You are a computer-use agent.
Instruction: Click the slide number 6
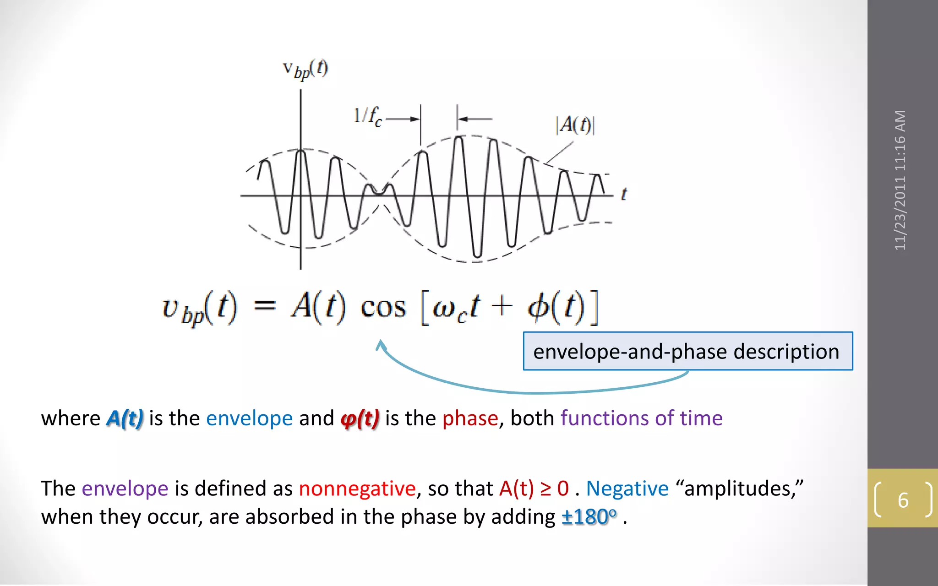(903, 500)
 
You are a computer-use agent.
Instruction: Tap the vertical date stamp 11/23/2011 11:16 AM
(900, 180)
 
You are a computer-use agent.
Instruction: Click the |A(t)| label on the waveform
(575, 125)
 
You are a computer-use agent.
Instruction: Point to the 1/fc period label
(367, 116)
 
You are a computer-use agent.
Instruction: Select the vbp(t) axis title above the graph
(305, 70)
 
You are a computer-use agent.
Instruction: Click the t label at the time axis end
(624, 194)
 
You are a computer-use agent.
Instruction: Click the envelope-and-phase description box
(687, 351)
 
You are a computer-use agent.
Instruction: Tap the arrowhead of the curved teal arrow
(380, 344)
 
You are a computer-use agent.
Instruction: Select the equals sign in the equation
(265, 305)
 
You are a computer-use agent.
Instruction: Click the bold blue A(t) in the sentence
(125, 418)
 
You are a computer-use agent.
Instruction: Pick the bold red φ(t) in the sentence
(360, 418)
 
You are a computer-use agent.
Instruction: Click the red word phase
(470, 418)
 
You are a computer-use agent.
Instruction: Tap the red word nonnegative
(357, 488)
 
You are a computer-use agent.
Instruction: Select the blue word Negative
(627, 488)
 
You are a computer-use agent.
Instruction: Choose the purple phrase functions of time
(641, 418)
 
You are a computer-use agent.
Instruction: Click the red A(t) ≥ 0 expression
(534, 488)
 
